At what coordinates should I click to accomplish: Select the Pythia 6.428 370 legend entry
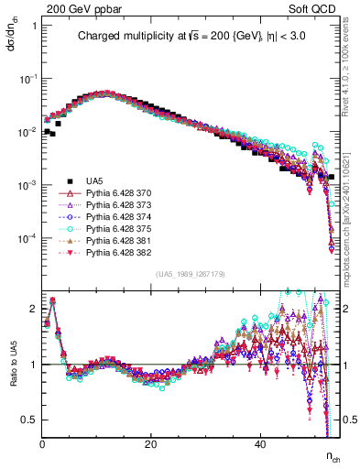click(115, 194)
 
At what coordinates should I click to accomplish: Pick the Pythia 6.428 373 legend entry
click(115, 206)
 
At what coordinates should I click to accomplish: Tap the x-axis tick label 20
click(151, 443)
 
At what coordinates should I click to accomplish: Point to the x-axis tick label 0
click(43, 443)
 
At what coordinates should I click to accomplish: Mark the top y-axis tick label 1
click(34, 26)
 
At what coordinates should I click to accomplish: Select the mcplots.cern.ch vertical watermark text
click(352, 229)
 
